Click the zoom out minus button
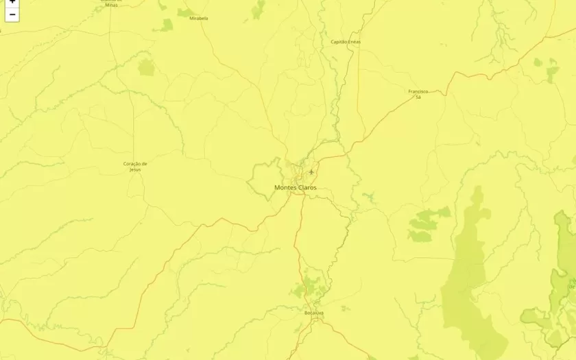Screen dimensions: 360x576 12,14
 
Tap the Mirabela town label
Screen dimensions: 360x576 199,19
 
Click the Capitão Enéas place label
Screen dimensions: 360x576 346,42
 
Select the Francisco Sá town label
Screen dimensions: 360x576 418,94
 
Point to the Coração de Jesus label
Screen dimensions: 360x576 135,166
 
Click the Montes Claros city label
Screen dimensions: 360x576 296,187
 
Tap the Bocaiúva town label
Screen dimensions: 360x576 314,313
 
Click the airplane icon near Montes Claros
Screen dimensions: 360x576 311,171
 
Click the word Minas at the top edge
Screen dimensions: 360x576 111,5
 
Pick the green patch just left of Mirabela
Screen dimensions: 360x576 167,25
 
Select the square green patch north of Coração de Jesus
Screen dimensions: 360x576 146,67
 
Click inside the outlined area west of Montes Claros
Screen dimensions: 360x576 264,180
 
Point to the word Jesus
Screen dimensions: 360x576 135,169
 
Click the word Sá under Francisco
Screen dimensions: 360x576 418,97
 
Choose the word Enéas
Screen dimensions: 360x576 355,42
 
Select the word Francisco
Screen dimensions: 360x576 418,91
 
